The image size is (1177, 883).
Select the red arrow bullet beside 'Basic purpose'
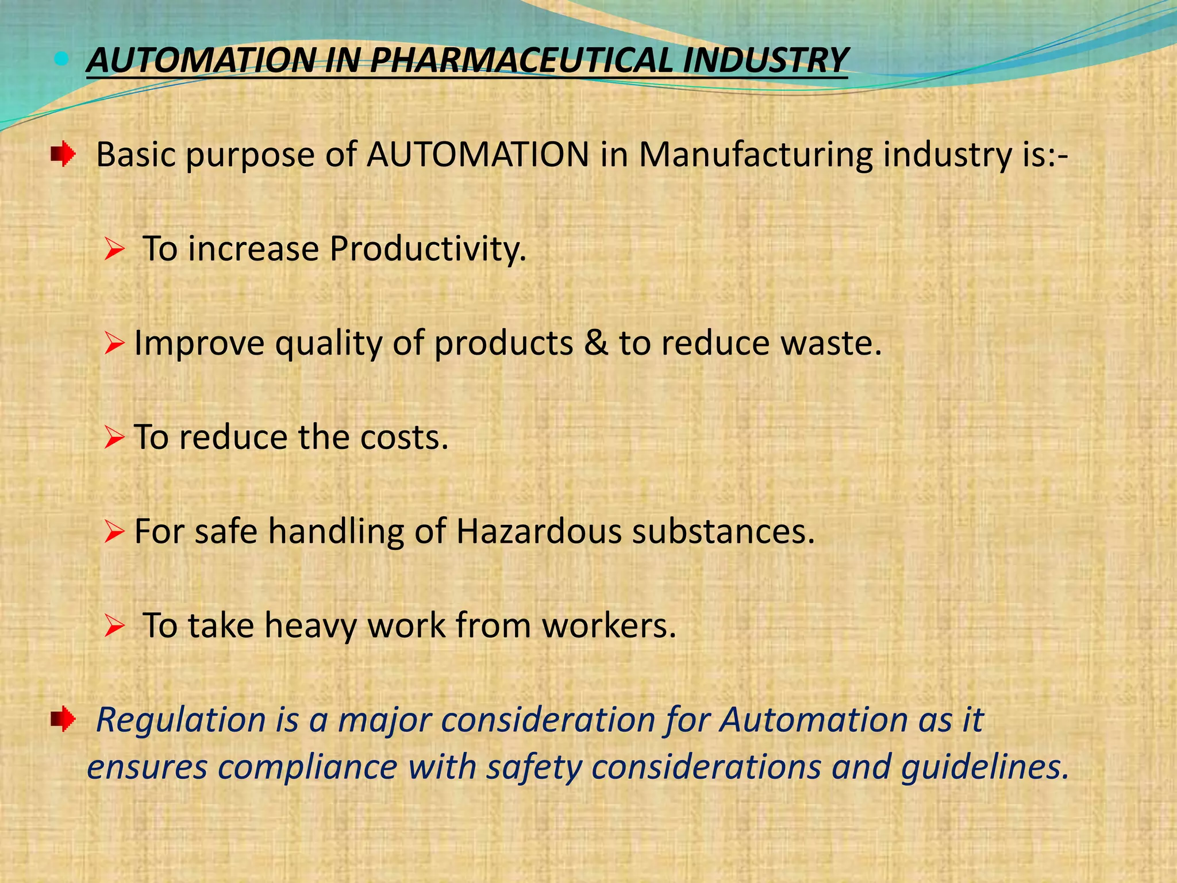pyautogui.click(x=63, y=155)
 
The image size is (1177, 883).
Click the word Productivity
pyautogui.click(x=428, y=249)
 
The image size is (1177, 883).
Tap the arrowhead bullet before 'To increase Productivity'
pyautogui.click(x=114, y=250)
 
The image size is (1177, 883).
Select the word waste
pyautogui.click(x=830, y=343)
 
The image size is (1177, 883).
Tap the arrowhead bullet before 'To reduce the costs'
pyautogui.click(x=114, y=438)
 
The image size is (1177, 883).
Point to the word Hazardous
pyautogui.click(x=539, y=531)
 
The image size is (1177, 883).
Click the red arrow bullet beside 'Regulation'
pyautogui.click(x=63, y=719)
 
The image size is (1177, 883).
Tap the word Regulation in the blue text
pyautogui.click(x=181, y=720)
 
